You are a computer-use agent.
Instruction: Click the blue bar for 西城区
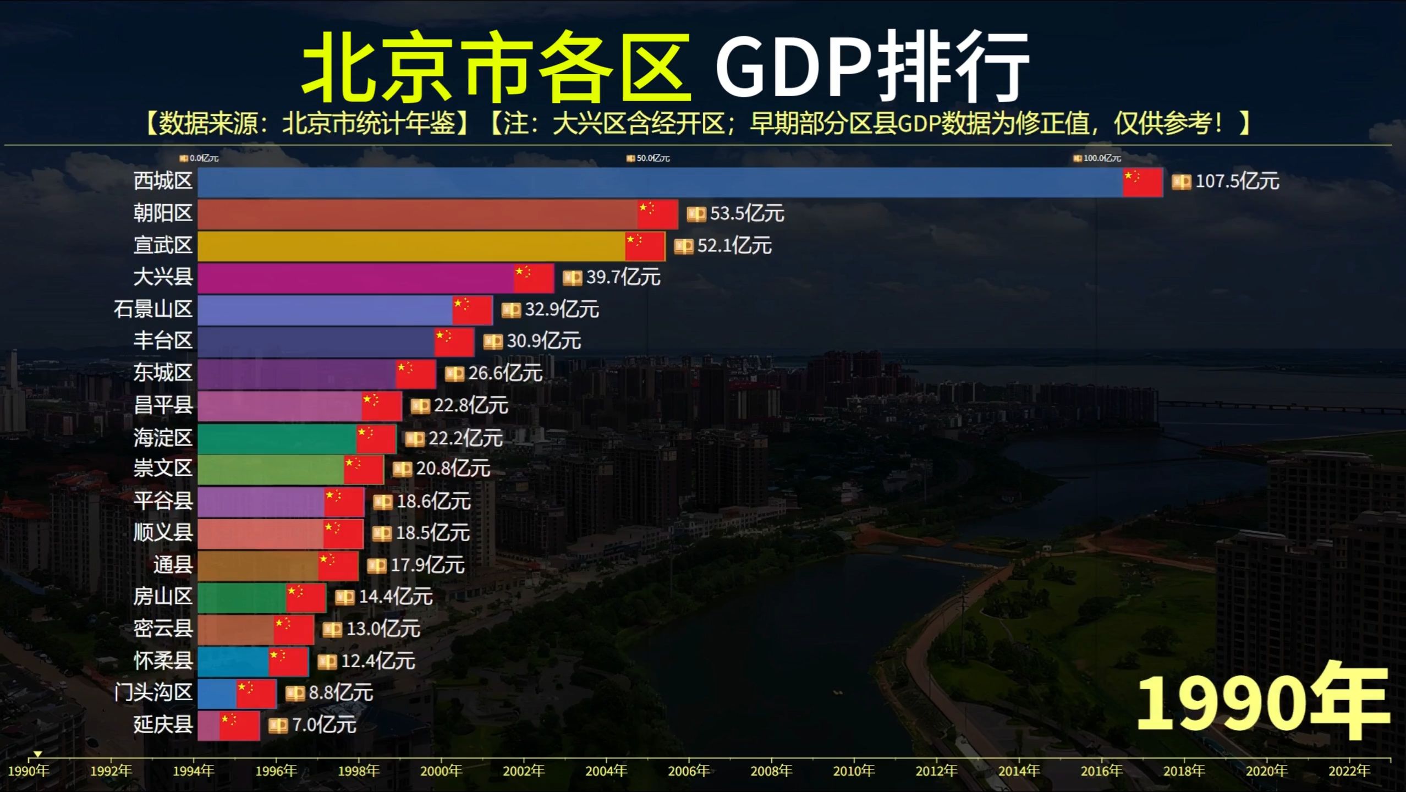click(660, 182)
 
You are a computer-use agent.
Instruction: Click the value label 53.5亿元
click(746, 213)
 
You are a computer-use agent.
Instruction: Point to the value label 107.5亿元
click(1237, 182)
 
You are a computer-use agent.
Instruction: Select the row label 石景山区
click(153, 309)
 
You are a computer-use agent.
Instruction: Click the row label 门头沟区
click(153, 692)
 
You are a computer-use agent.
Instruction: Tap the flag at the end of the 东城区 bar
click(416, 374)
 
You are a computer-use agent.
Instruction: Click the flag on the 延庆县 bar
click(239, 725)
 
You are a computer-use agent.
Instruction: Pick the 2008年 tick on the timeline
click(771, 771)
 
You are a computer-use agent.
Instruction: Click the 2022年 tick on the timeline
click(1349, 771)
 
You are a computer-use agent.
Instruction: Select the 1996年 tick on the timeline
click(276, 771)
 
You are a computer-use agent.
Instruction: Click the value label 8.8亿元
click(340, 693)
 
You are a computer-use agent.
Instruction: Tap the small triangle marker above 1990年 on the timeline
click(37, 754)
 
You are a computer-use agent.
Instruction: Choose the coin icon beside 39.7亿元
click(572, 278)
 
